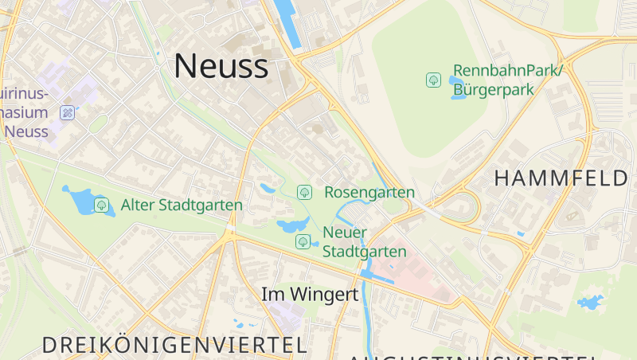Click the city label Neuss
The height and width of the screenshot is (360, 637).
click(x=221, y=65)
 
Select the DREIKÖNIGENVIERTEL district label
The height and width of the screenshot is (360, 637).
click(x=174, y=345)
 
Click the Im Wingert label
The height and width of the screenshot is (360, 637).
click(x=310, y=294)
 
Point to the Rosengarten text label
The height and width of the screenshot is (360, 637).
click(x=369, y=193)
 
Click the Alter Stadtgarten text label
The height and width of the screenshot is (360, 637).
click(x=182, y=205)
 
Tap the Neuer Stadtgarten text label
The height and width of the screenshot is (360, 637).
click(x=365, y=242)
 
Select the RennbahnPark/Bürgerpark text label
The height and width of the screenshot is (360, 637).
click(x=507, y=80)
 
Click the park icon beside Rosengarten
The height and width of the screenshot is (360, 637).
click(x=303, y=192)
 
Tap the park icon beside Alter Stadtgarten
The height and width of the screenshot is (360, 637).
click(x=102, y=205)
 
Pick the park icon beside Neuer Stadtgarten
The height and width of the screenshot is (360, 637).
click(x=303, y=241)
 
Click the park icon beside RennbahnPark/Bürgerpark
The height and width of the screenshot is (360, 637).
click(x=433, y=80)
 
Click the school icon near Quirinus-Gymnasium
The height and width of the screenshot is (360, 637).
click(x=68, y=112)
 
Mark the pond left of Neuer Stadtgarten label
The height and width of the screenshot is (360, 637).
click(x=292, y=225)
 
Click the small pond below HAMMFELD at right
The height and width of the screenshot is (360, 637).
click(x=590, y=303)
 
